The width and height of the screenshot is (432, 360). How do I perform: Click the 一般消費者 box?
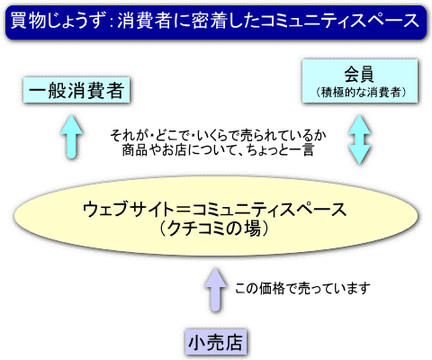point(76,90)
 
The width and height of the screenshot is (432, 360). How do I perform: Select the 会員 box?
point(360,81)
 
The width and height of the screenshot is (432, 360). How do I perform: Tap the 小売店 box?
point(216,342)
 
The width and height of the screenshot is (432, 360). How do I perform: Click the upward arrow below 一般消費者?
point(71,136)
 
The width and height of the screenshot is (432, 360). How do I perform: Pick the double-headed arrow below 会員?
point(359,139)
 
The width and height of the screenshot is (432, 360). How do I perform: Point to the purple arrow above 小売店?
point(216,290)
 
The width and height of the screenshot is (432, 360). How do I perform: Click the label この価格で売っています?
point(302,289)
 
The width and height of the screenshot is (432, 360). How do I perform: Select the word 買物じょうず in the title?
point(58,21)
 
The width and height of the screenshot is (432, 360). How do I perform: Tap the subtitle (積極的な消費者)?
point(360,92)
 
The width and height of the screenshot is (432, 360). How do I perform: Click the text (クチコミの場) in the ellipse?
point(214,229)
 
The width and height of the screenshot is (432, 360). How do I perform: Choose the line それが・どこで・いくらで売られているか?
point(218,136)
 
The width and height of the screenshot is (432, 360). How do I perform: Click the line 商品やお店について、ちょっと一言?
point(218,149)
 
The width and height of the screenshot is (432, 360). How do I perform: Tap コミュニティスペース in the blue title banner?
point(340,21)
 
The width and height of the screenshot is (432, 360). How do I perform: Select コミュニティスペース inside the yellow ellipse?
point(269,209)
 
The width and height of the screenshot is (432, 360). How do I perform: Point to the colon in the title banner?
point(111,22)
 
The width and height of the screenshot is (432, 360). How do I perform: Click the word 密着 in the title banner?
point(209,21)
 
